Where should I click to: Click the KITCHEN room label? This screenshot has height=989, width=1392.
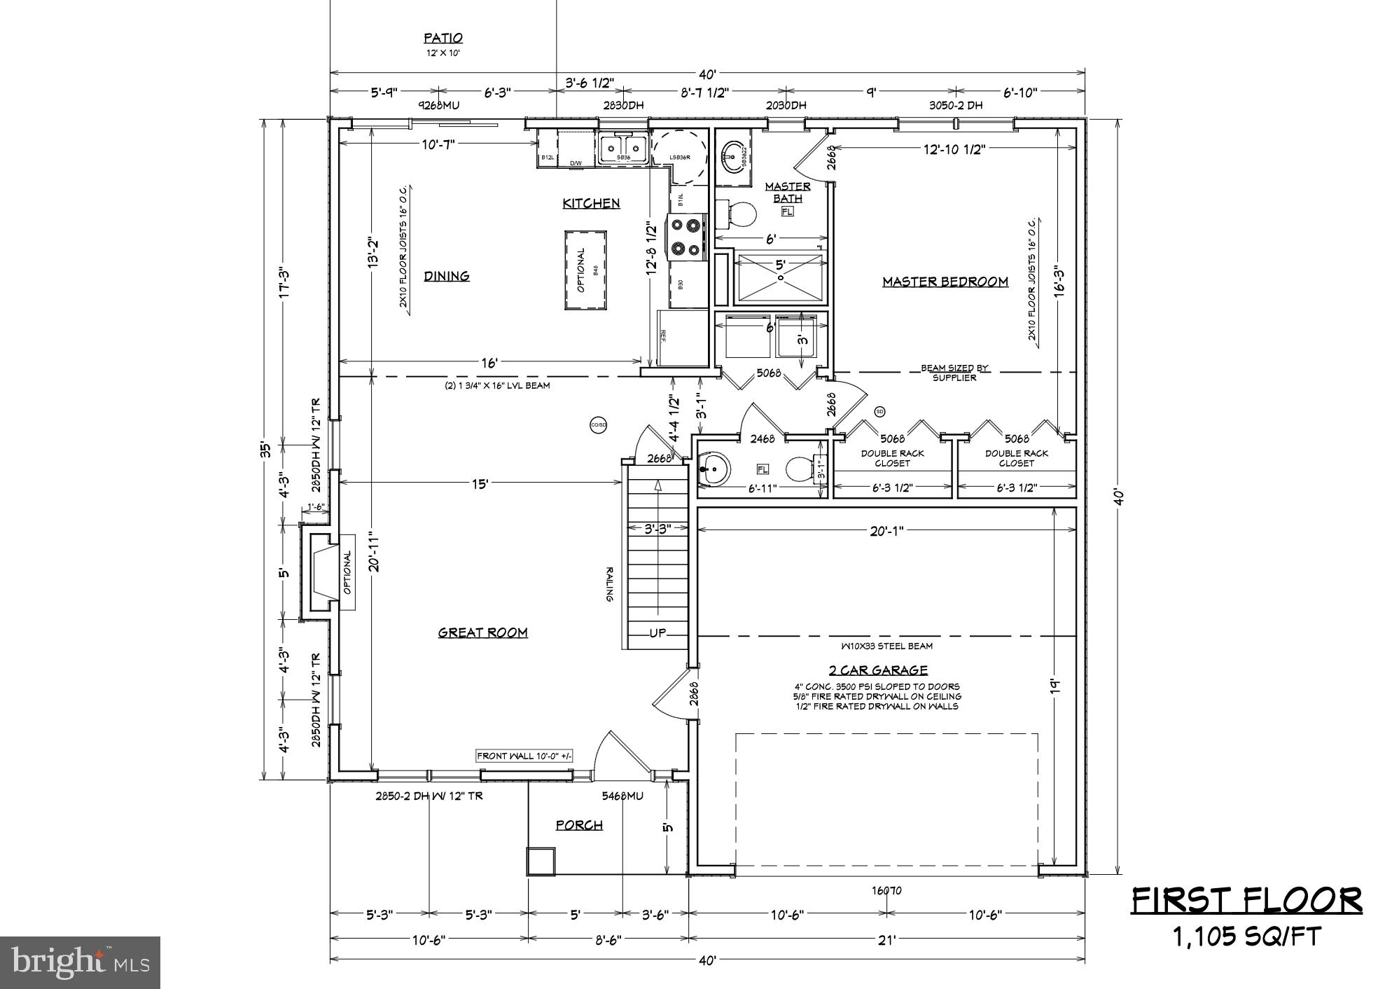pyautogui.click(x=591, y=203)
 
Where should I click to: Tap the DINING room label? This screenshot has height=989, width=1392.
pyautogui.click(x=447, y=276)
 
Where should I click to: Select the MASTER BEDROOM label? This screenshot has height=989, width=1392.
pyautogui.click(x=945, y=282)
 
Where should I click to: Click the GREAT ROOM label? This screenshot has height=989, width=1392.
pyautogui.click(x=482, y=632)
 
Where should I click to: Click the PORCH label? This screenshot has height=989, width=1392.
pyautogui.click(x=579, y=825)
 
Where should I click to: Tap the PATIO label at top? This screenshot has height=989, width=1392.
pyautogui.click(x=443, y=39)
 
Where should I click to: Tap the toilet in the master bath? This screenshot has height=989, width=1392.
pyautogui.click(x=739, y=215)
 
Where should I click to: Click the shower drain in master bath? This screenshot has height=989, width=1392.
pyautogui.click(x=780, y=277)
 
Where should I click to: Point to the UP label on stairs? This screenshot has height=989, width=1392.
pyautogui.click(x=657, y=633)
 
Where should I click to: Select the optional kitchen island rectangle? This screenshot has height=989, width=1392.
pyautogui.click(x=585, y=270)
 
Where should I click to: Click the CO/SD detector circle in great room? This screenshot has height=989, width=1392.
pyautogui.click(x=598, y=425)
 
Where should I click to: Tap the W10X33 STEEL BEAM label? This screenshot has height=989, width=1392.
pyautogui.click(x=886, y=646)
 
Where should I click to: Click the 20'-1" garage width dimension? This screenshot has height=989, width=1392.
pyautogui.click(x=886, y=531)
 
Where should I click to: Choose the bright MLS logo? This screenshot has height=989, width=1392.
pyautogui.click(x=81, y=962)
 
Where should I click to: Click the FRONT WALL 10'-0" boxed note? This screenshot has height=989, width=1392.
pyautogui.click(x=524, y=756)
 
